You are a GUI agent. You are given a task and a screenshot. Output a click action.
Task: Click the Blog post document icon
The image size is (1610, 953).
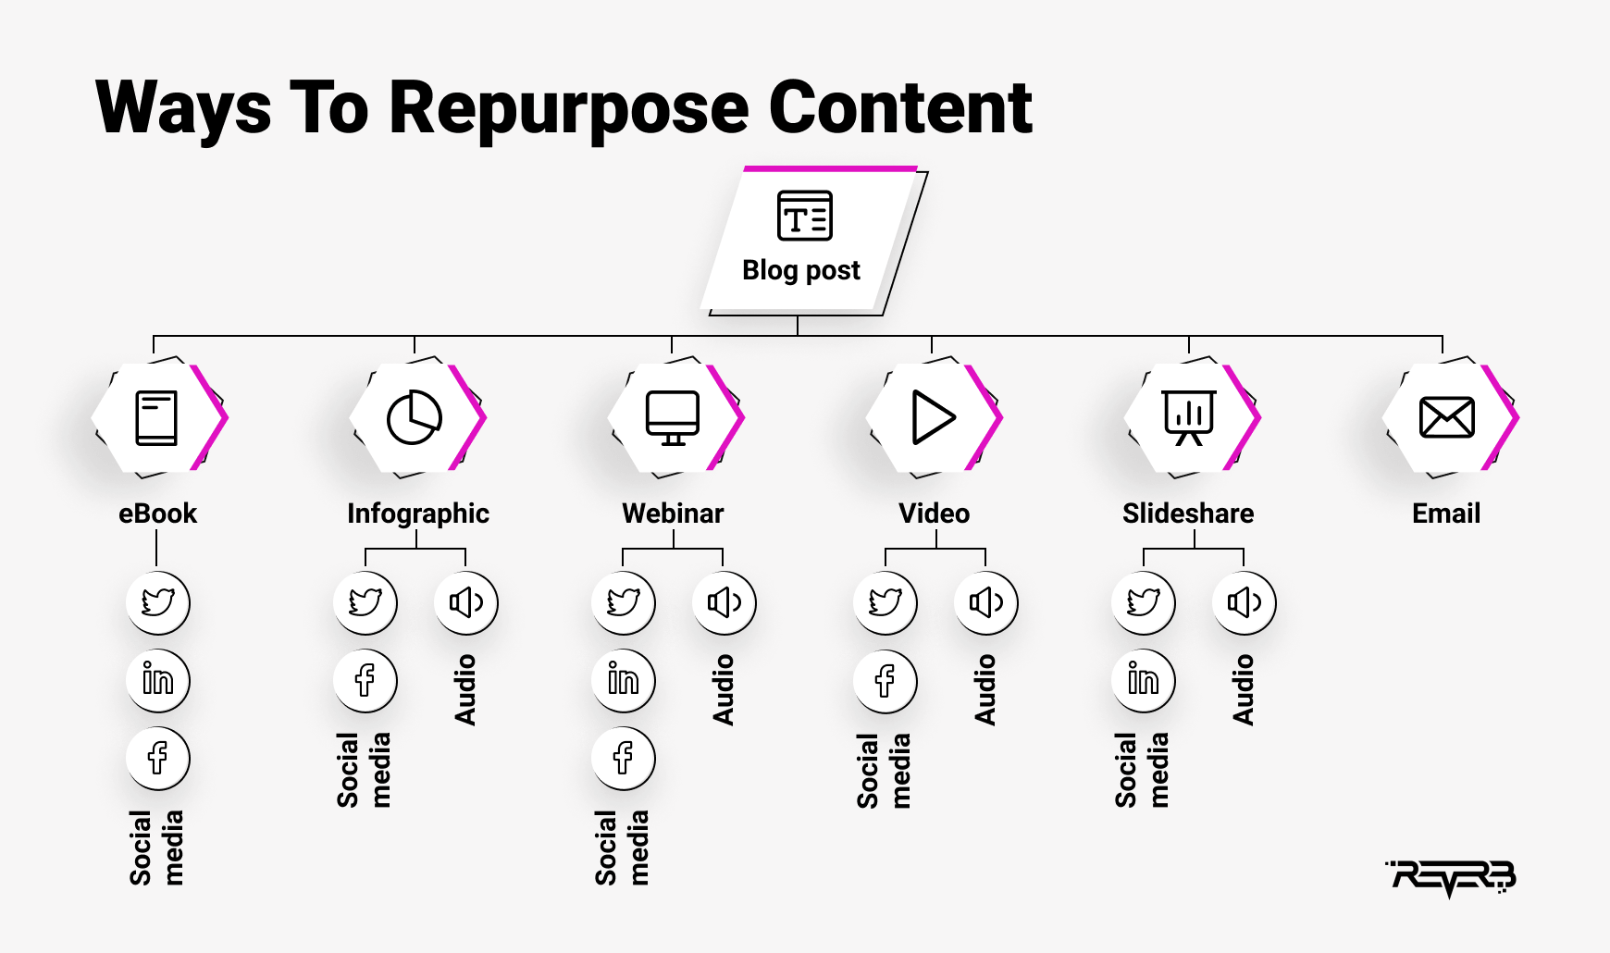coord(804,216)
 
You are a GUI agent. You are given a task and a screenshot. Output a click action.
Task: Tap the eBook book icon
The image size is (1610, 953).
coord(156,418)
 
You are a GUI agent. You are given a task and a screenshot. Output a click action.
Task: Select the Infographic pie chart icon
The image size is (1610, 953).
coord(414,417)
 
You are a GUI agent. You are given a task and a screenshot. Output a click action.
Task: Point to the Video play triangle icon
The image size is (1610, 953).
coord(933,417)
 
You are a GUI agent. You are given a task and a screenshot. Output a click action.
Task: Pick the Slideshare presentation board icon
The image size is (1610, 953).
coord(1189,417)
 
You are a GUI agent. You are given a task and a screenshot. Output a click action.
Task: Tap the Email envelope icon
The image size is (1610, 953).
coord(1447,417)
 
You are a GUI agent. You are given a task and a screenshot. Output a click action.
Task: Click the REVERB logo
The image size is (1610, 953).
coord(1451,877)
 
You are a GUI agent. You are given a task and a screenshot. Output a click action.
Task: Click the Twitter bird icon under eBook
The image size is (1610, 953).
coord(158,602)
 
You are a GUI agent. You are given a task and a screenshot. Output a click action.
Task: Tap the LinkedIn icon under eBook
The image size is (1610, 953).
coord(158,680)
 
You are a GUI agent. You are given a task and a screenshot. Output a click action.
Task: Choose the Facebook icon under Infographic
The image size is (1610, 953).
coord(365,680)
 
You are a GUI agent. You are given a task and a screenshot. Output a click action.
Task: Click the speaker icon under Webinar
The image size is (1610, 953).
coord(724,602)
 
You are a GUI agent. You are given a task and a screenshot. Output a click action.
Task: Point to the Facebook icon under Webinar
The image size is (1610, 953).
coord(624,758)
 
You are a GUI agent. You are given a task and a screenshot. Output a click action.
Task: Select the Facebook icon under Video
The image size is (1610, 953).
coord(885,680)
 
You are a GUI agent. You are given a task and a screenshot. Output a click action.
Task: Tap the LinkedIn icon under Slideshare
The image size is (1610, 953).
coord(1144,680)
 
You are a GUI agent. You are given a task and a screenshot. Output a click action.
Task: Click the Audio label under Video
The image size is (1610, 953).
coord(985,689)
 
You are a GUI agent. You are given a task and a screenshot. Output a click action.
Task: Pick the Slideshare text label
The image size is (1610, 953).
coord(1188,514)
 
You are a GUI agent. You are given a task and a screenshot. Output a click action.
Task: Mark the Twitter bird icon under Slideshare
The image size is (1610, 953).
coord(1144,602)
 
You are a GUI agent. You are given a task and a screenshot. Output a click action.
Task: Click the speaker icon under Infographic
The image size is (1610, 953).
coord(466,602)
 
